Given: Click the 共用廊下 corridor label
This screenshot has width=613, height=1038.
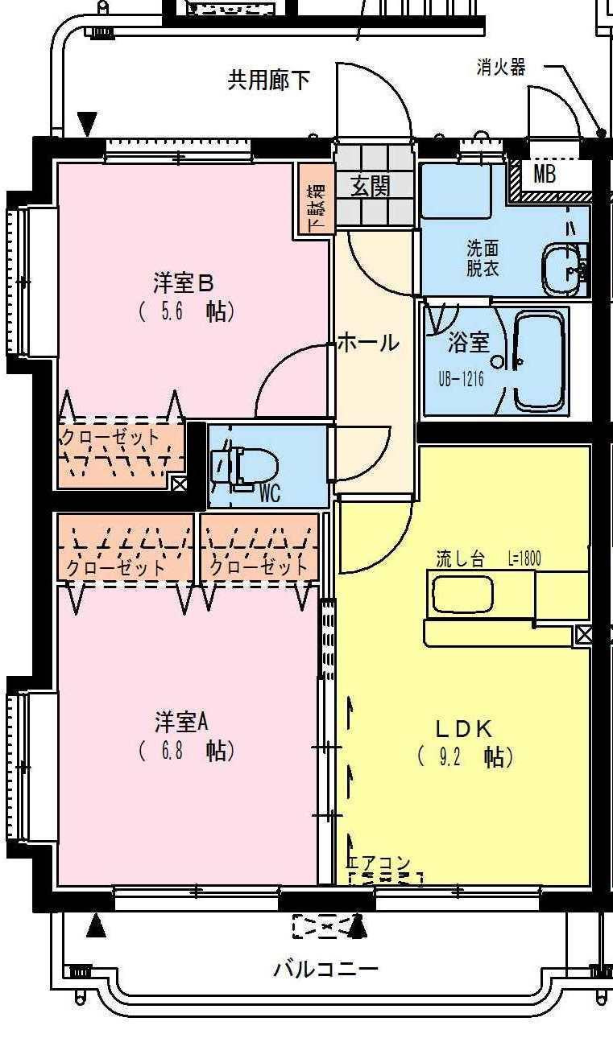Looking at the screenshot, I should click(268, 80).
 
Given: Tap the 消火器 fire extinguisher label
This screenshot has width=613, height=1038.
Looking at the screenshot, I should click(500, 68).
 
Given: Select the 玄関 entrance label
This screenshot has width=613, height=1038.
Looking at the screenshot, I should click(370, 186).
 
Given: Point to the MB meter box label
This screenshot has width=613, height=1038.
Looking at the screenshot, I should click(544, 175).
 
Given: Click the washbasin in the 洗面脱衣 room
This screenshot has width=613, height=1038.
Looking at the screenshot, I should click(565, 269).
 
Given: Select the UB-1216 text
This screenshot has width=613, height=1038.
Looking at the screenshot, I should click(461, 377).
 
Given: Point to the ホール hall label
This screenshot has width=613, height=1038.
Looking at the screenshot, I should click(367, 343).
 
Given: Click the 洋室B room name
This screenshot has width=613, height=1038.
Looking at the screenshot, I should click(184, 283).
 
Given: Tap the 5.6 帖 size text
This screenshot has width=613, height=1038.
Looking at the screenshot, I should click(186, 311).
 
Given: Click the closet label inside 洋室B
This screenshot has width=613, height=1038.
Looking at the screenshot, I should click(110, 438).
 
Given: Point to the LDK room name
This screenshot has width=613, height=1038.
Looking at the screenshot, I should click(463, 729).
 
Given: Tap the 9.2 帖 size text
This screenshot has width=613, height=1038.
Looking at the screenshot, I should click(465, 757).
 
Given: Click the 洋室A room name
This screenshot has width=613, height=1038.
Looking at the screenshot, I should click(183, 721).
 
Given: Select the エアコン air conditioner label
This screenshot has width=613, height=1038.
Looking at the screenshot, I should click(379, 864).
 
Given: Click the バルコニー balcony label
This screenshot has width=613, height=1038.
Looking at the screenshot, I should click(325, 969).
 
